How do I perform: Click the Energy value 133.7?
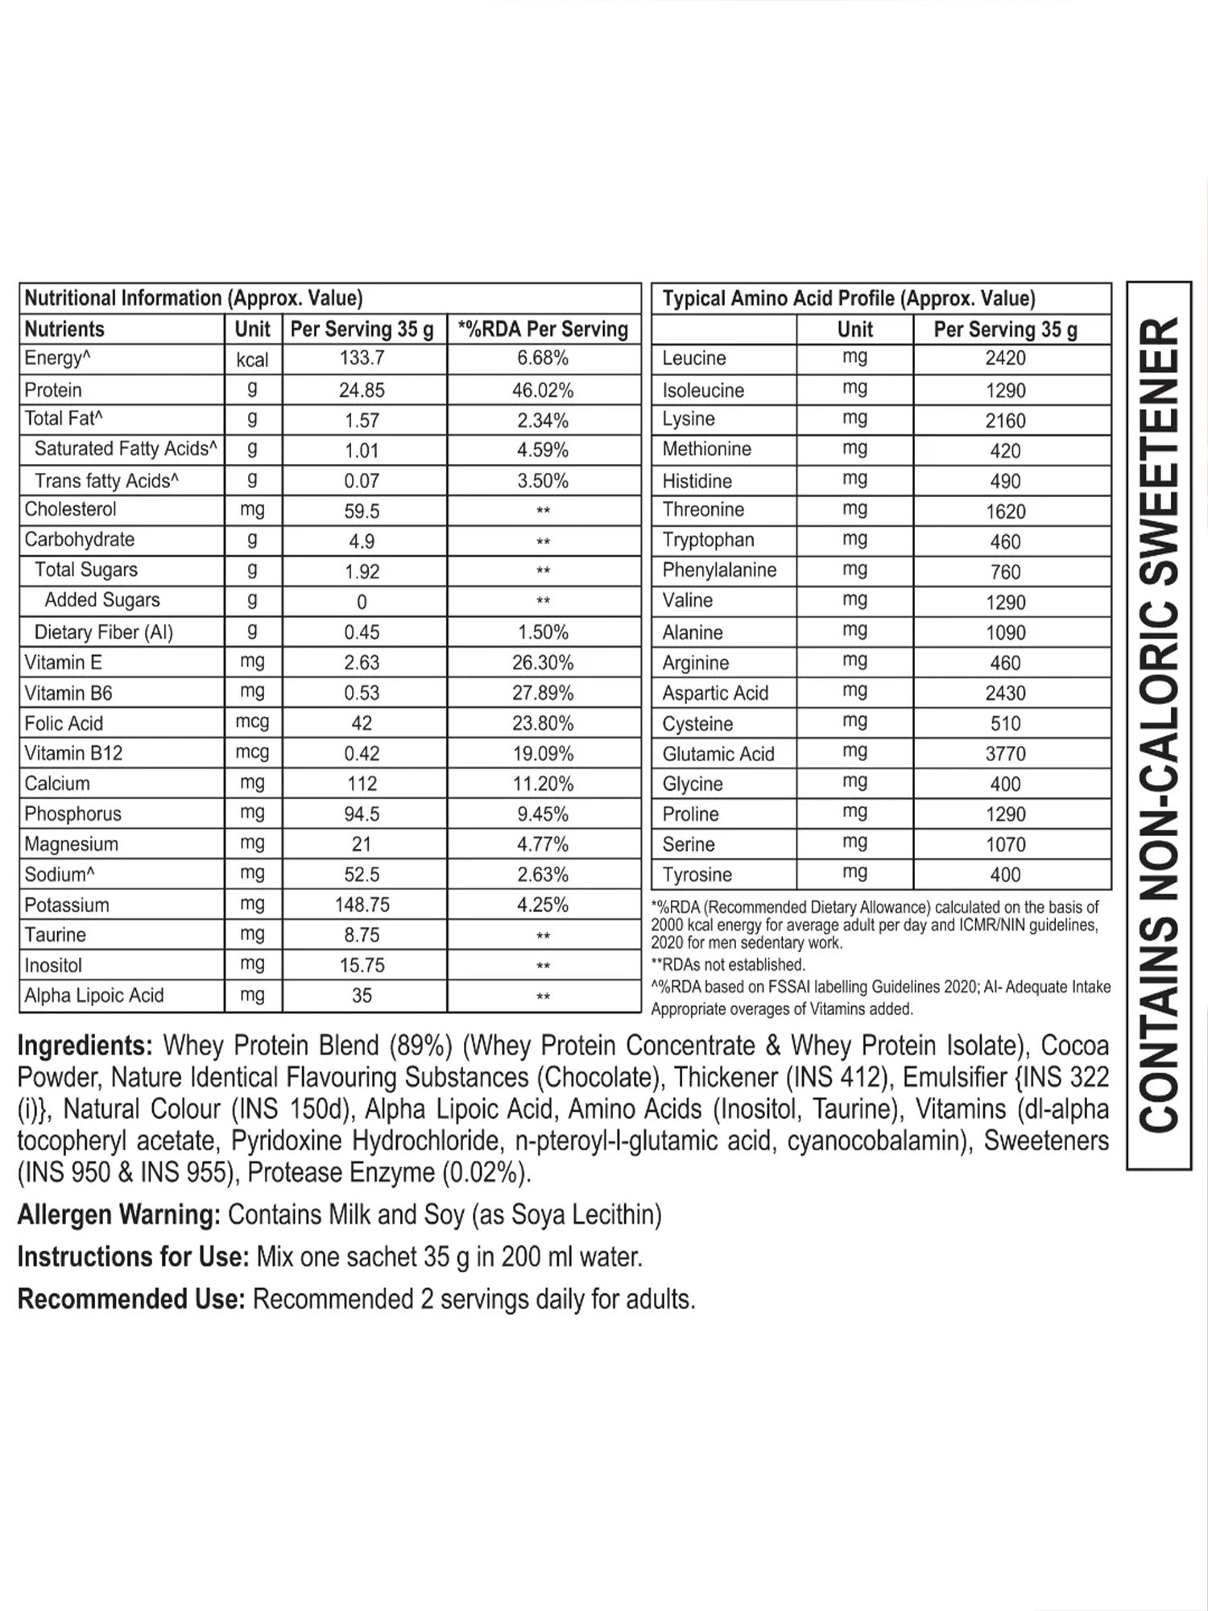click(x=362, y=359)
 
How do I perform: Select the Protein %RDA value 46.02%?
click(x=543, y=391)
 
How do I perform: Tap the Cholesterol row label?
click(x=70, y=510)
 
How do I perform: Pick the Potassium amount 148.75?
click(x=362, y=905)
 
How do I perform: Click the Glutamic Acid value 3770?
click(x=1005, y=754)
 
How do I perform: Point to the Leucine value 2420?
click(x=1005, y=359)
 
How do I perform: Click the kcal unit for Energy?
click(x=252, y=360)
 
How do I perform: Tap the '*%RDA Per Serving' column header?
click(x=543, y=329)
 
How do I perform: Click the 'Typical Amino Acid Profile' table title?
click(x=848, y=299)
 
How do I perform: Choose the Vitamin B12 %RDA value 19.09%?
click(x=543, y=754)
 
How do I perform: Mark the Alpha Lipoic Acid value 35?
click(x=362, y=996)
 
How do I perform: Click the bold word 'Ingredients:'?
click(x=85, y=1046)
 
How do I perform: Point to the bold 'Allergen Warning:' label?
click(x=118, y=1215)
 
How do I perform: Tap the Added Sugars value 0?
click(x=362, y=603)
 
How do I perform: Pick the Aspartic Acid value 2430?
click(x=1005, y=694)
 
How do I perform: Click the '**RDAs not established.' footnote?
click(x=728, y=965)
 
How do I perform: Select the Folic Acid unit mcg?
click(x=252, y=723)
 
